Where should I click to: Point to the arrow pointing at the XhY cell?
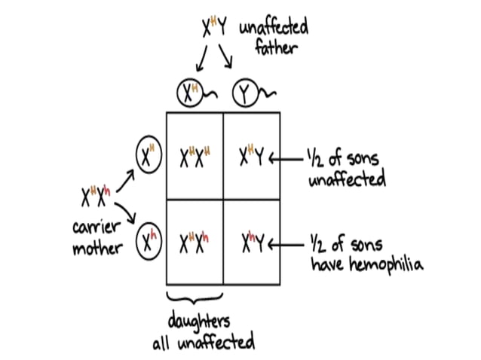pyautogui.click(x=284, y=245)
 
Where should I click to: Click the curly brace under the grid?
pyautogui.click(x=195, y=297)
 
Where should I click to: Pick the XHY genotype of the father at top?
pyautogui.click(x=216, y=29)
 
